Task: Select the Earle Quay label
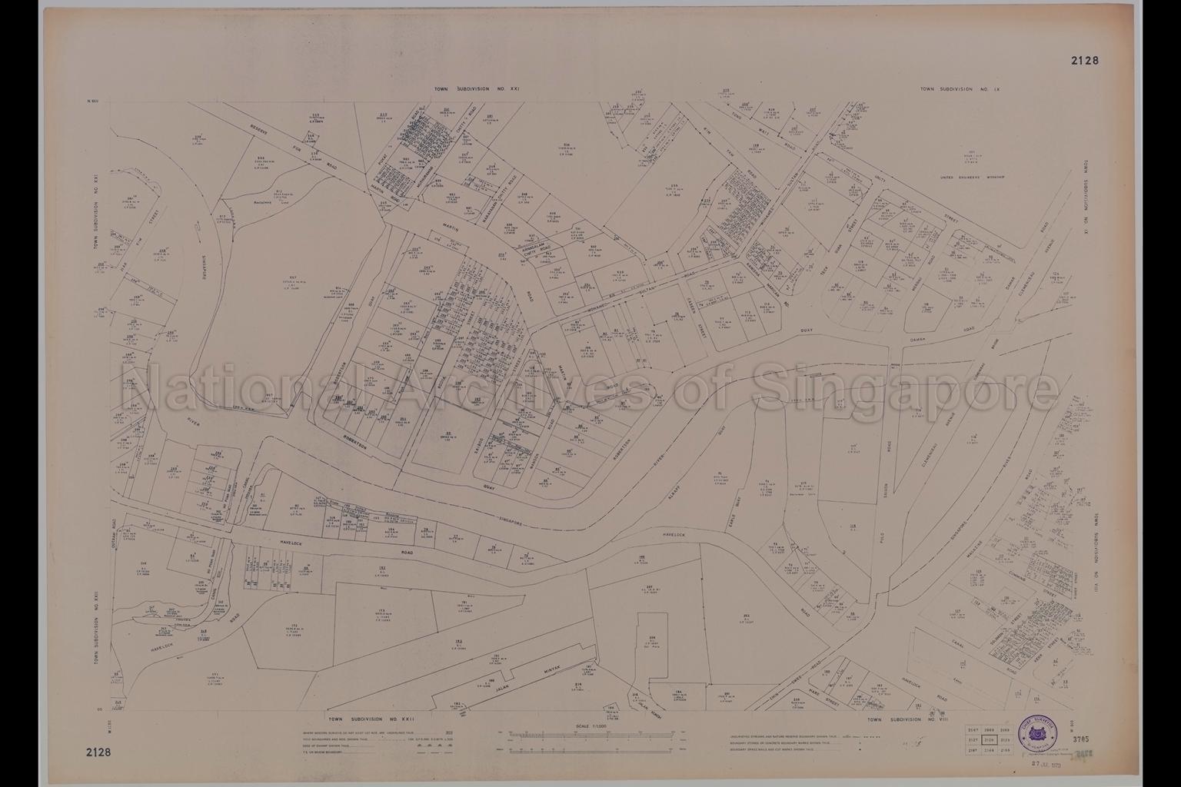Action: pos(744,510)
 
